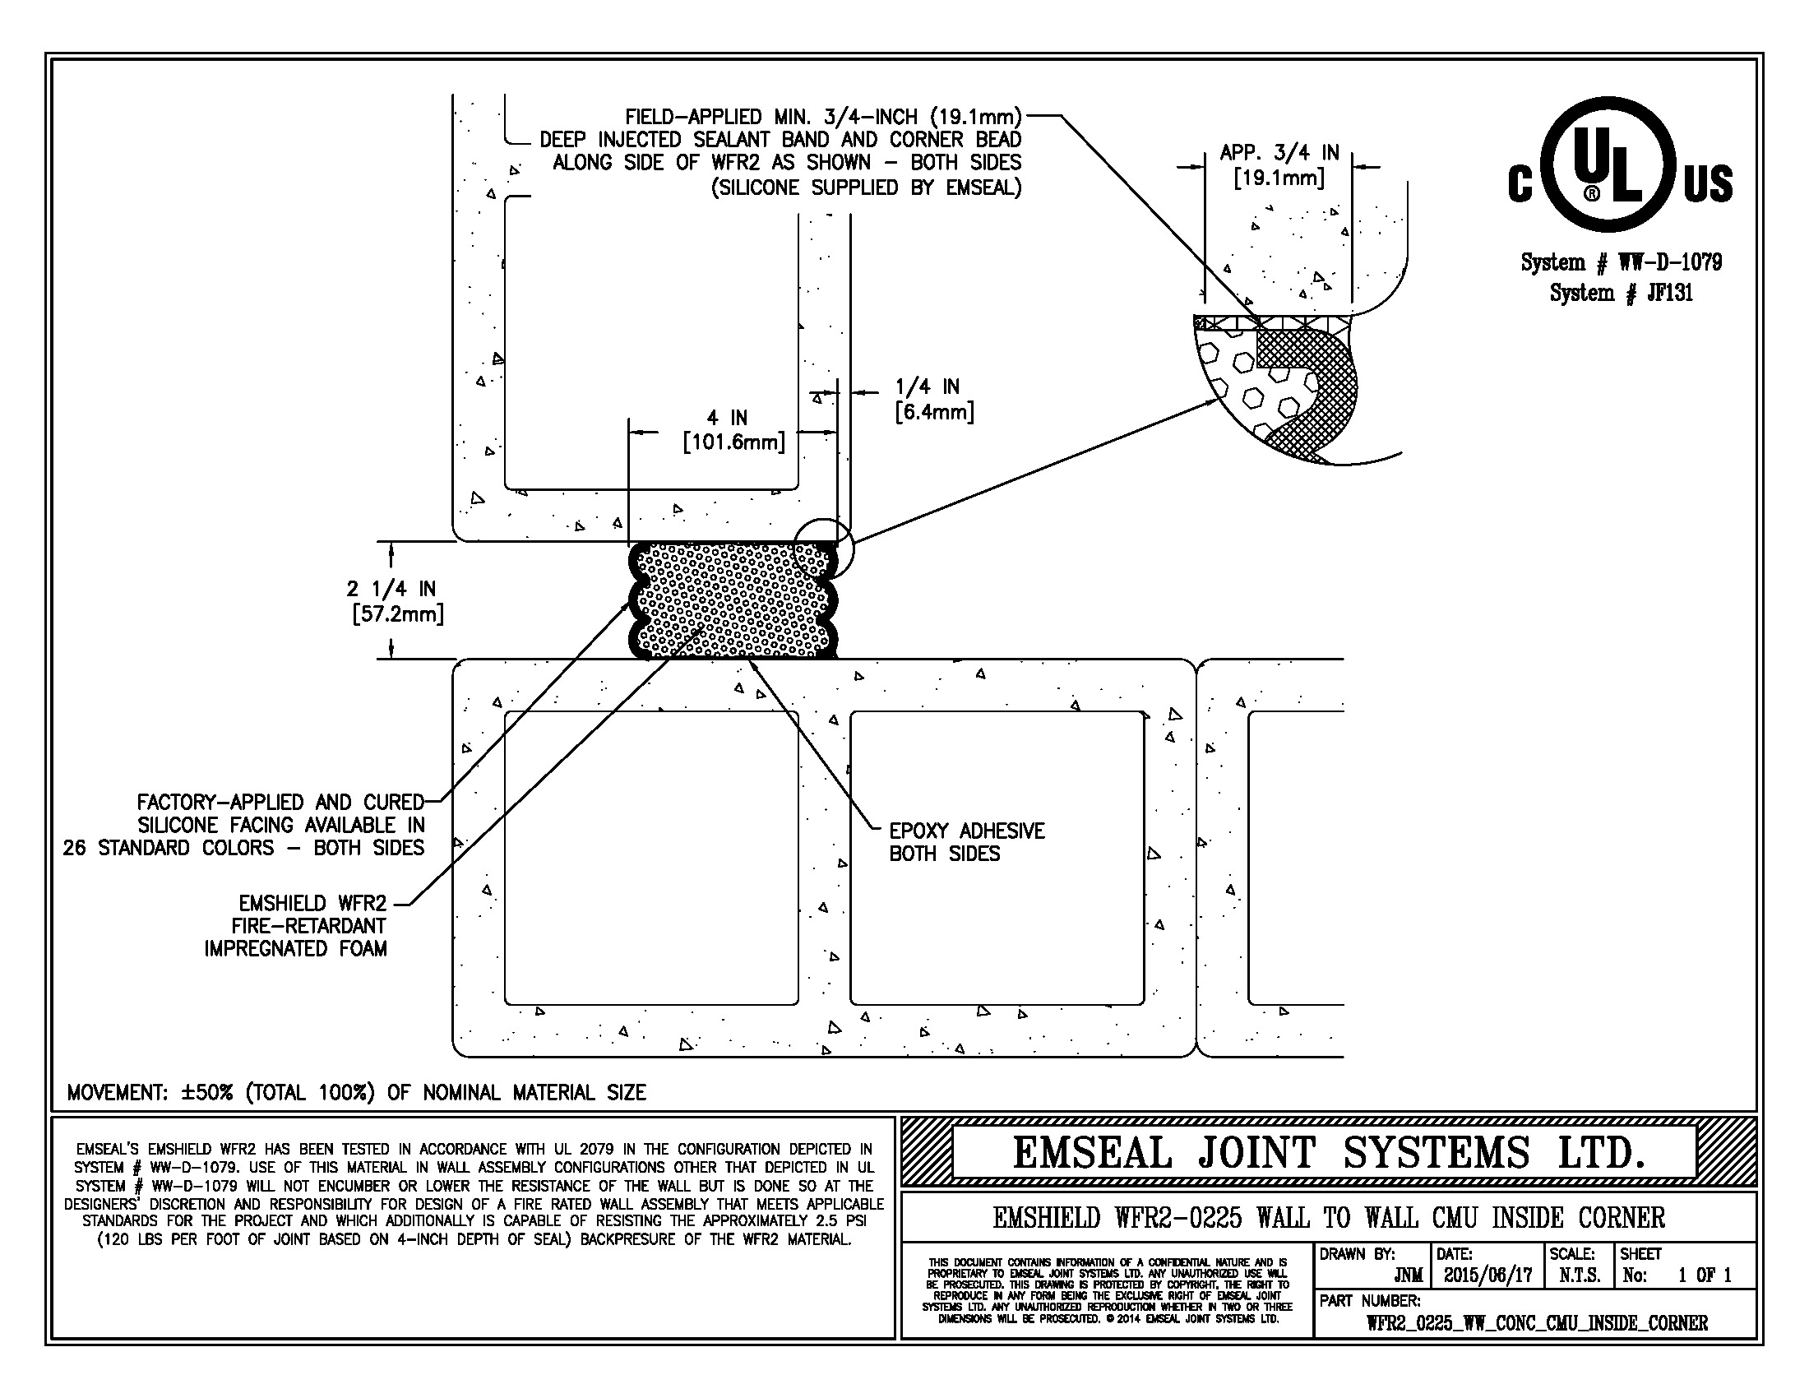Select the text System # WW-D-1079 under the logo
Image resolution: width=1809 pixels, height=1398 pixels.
point(1621,262)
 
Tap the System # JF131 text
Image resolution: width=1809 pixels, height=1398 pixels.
point(1621,293)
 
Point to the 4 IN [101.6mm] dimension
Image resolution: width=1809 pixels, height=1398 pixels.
point(733,431)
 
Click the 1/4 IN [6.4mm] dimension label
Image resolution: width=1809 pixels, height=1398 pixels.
point(933,399)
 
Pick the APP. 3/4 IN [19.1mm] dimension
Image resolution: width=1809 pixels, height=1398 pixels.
point(1279,164)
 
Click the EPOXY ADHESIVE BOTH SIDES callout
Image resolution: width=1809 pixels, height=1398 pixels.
point(966,842)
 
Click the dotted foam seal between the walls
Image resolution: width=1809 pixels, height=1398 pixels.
point(733,600)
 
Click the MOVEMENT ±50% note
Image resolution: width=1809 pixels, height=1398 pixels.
point(356,1092)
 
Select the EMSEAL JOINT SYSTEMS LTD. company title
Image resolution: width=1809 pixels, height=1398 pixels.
point(1328,1152)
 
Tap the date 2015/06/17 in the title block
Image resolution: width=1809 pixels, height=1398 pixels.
point(1487,1275)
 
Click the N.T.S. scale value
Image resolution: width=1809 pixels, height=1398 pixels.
point(1579,1275)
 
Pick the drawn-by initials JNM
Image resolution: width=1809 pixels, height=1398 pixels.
point(1408,1275)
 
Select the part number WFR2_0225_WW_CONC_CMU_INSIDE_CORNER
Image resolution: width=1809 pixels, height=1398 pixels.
point(1537,1322)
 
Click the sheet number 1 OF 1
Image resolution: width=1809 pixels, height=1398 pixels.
point(1704,1275)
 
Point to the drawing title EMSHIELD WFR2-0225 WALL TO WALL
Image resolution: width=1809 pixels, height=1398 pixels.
point(1328,1217)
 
